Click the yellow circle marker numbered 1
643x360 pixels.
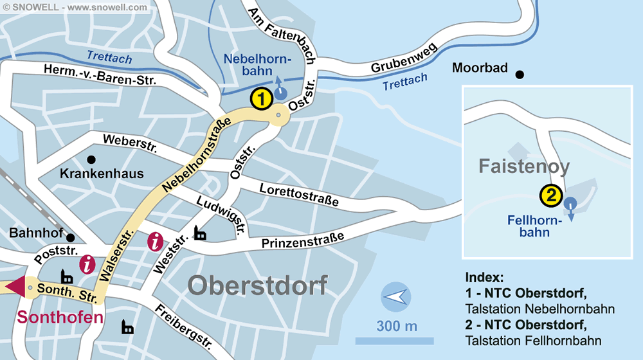[260, 100]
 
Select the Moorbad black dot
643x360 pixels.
[520, 75]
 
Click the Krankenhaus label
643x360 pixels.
[102, 174]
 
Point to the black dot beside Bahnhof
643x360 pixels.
[70, 237]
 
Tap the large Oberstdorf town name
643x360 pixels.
[258, 285]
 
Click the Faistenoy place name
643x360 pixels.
[524, 167]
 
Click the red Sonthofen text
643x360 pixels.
[60, 318]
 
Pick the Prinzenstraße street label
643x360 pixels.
[302, 240]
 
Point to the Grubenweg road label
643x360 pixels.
[404, 59]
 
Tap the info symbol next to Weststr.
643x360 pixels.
[156, 242]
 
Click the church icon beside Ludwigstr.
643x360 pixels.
[201, 233]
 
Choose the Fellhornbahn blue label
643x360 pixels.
[534, 226]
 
